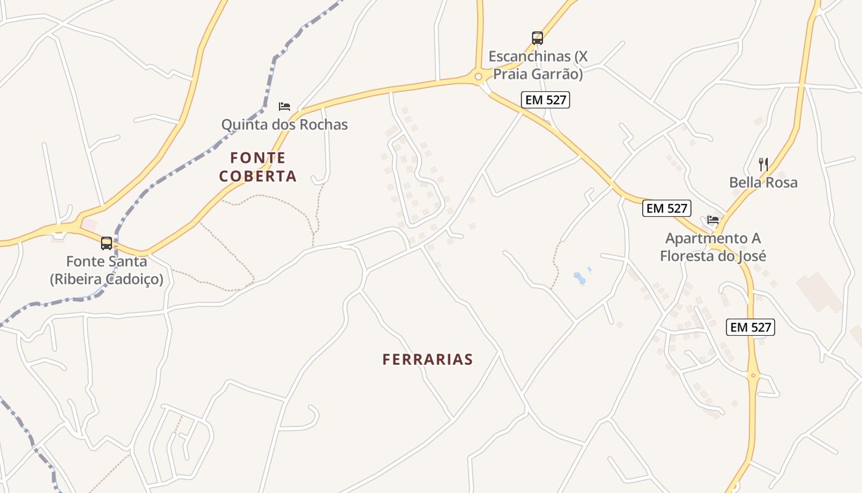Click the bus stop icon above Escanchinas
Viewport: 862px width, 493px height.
(x=538, y=38)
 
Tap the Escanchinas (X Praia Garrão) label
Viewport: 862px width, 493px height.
(x=538, y=65)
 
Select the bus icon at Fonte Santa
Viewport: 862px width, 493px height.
(x=107, y=243)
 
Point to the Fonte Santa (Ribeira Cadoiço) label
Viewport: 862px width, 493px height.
(x=107, y=270)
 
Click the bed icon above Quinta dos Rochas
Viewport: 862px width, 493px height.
(x=284, y=107)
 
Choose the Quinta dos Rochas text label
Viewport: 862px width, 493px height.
(x=284, y=124)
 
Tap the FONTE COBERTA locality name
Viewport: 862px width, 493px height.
(x=258, y=167)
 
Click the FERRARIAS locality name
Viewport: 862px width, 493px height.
(x=427, y=359)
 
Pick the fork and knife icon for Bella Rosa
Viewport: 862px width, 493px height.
(x=763, y=165)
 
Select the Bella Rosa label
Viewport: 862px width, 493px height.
(x=763, y=182)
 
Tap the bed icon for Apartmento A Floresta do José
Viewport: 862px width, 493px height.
(x=713, y=219)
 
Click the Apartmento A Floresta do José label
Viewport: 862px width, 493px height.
(x=713, y=246)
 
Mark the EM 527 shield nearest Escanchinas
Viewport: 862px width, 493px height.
(x=546, y=100)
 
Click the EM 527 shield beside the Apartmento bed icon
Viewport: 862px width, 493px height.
(x=667, y=208)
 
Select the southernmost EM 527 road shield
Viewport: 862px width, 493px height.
(x=751, y=327)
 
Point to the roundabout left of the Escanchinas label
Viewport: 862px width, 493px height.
(x=478, y=76)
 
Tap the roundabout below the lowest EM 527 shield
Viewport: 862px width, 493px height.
(x=753, y=375)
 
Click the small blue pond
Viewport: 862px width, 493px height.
(x=579, y=278)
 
